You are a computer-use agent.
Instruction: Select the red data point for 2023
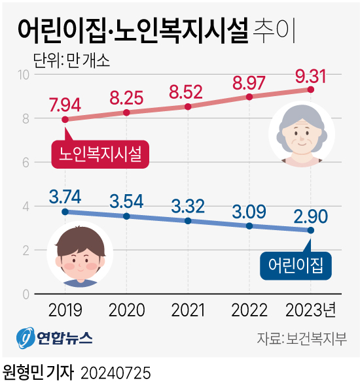point(311,89)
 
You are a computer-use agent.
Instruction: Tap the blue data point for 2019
point(65,212)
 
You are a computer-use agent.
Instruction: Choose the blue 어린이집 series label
point(296,265)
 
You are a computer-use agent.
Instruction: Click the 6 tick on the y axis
point(26,162)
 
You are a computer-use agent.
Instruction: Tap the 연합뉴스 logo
point(55,339)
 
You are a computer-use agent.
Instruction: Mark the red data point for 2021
point(188,107)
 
